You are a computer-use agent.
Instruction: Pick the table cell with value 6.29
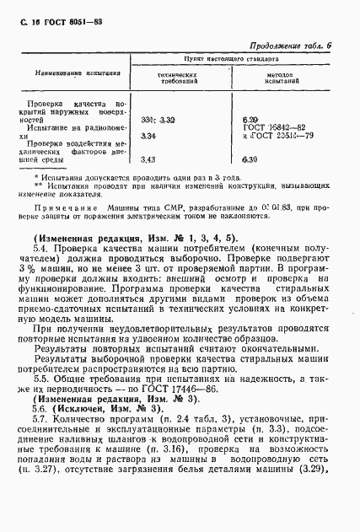[x=249, y=121]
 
